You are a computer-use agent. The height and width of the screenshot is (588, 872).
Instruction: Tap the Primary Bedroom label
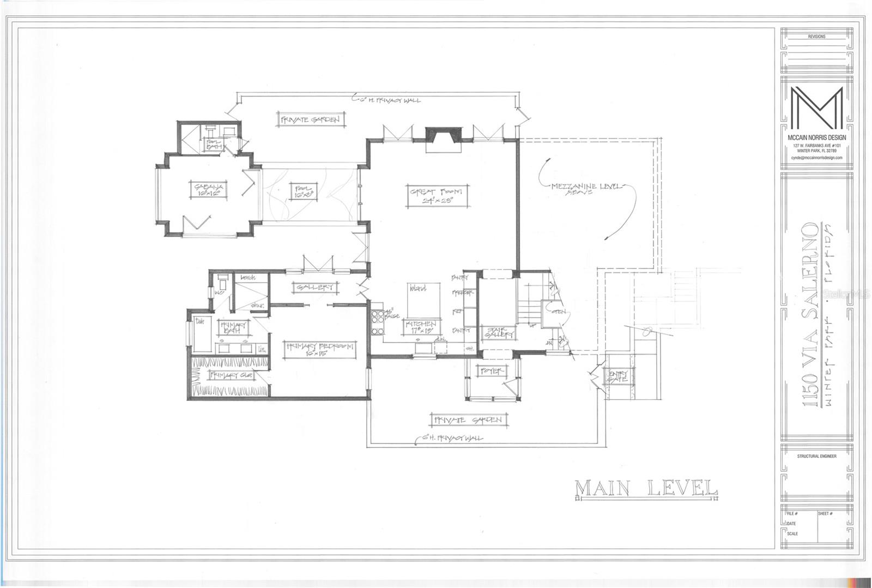point(319,350)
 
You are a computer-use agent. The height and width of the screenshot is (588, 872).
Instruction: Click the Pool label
point(303,190)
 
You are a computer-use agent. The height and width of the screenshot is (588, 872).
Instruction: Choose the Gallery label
point(316,287)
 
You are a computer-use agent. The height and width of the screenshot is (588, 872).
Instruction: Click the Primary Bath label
point(233,327)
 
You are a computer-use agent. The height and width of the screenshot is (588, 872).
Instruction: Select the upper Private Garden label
point(311,119)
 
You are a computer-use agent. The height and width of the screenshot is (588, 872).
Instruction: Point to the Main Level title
point(646,488)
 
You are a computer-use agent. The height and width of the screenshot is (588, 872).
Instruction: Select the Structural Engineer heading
point(816,456)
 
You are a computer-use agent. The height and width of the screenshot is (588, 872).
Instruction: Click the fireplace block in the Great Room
point(443,134)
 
